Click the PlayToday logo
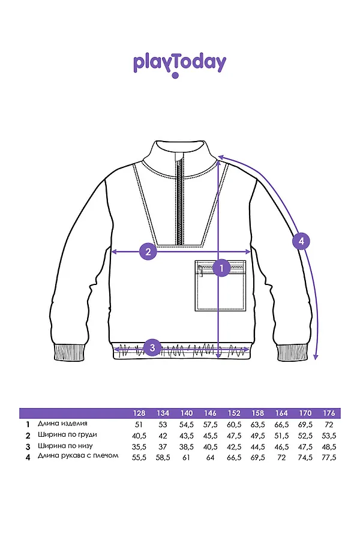pyautogui.click(x=179, y=64)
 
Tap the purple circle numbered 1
pyautogui.click(x=221, y=268)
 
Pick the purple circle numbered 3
pyautogui.click(x=152, y=347)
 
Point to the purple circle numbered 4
pyautogui.click(x=301, y=241)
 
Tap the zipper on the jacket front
pyautogui.click(x=179, y=198)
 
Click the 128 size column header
pyautogui.click(x=139, y=413)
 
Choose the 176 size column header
pyautogui.click(x=329, y=413)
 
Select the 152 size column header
pyautogui.click(x=234, y=413)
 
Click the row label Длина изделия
pyautogui.click(x=62, y=424)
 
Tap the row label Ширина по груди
pyautogui.click(x=67, y=434)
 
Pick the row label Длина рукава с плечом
pyautogui.click(x=78, y=456)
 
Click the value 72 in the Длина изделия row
pyautogui.click(x=329, y=424)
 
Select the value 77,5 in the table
pyautogui.click(x=329, y=457)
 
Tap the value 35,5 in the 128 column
pyautogui.click(x=139, y=446)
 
